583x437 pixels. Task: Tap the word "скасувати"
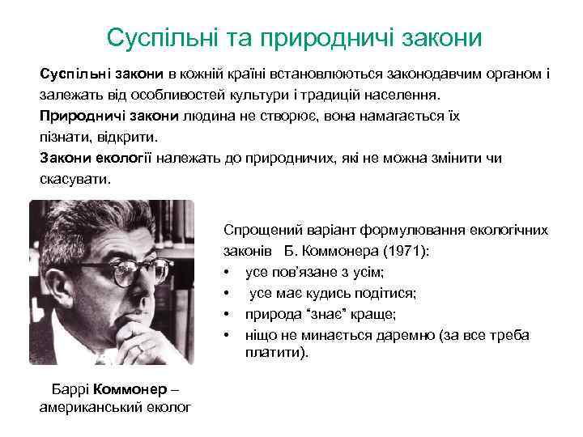point(73,177)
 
